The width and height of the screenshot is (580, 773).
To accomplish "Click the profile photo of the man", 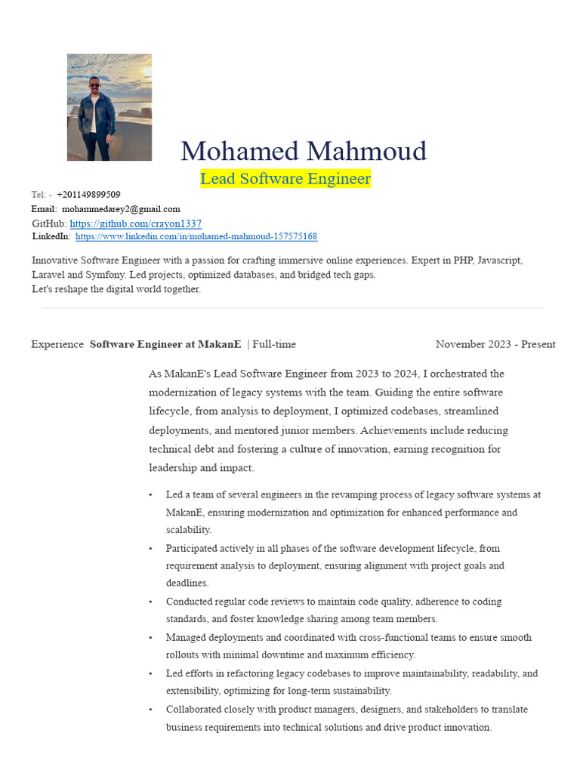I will coord(110,107).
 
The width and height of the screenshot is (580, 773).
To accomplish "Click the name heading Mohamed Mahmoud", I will coord(304,151).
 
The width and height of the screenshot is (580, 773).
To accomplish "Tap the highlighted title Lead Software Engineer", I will coord(285,179).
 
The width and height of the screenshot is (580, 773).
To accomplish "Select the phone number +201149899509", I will coord(88,195).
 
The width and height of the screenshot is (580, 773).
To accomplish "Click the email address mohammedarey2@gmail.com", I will coord(121,209).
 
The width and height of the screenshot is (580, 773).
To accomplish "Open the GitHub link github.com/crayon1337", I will coord(136,223).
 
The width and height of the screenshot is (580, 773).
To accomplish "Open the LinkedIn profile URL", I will coord(196,236).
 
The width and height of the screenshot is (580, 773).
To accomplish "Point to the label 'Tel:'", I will coord(39,195).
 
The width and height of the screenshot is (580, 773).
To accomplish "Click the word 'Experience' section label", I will coord(57,344).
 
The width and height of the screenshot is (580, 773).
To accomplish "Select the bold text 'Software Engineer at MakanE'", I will coord(165,344).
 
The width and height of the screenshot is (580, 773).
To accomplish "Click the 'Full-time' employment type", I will coord(274,344).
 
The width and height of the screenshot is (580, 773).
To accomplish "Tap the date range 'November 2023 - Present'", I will coord(495,344).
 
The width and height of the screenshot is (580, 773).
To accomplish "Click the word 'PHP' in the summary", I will coord(463,260).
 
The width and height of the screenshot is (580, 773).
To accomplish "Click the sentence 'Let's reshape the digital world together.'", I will coord(116,289).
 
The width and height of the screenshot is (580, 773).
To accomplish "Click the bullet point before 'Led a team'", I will coord(150,495).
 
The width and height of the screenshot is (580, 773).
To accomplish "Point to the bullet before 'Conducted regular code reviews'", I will coord(150,602).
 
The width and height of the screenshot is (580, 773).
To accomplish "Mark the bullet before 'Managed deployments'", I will coord(150,638).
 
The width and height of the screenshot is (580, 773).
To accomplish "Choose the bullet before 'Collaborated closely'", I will coord(150,710).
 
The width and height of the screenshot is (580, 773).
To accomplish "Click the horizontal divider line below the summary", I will coord(292,308).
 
